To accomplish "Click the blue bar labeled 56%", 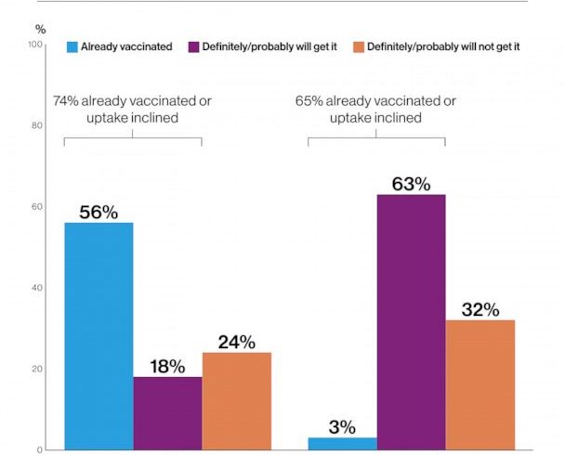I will (99, 336).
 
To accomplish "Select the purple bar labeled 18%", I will (167, 413).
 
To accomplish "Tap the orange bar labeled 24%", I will (236, 401).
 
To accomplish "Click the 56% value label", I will (99, 213).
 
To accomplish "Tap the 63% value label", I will (411, 184).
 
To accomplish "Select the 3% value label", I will (342, 427).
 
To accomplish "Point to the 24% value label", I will (236, 342).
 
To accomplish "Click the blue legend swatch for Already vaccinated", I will (72, 45).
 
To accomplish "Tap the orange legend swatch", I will (358, 45).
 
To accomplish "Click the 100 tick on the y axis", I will (34, 45).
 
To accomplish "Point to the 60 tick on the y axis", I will (36, 207).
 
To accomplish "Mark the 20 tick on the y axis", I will (36, 369).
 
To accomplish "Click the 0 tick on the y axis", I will (39, 449).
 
